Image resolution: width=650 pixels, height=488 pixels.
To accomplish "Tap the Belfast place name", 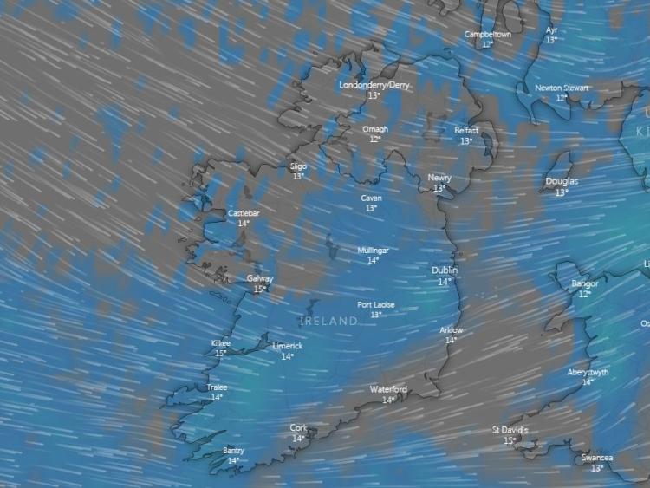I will coord(466,131).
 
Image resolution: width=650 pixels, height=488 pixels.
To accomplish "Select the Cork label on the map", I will coord(298,428).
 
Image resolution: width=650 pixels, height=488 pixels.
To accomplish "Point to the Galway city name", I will coord(259,279).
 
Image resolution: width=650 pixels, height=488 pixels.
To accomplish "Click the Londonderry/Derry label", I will coord(374,86).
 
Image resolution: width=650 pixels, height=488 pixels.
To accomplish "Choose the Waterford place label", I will coord(388,390).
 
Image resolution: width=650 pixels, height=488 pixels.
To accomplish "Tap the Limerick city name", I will coord(288,346).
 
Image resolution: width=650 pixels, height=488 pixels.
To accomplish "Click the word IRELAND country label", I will coord(328,322).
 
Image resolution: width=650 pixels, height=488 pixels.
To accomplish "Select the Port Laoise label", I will coord(375,305).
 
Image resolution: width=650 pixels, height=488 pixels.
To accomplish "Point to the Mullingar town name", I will coord(374,251).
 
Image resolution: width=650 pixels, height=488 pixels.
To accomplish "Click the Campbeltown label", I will coord(488,35).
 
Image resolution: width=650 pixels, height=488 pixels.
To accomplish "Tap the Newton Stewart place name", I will coord(562,88).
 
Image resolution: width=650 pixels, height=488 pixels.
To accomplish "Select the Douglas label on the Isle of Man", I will coord(562,182).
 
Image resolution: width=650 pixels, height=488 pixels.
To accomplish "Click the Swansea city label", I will coord(597,458).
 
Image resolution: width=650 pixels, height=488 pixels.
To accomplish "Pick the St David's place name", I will coord(510,430).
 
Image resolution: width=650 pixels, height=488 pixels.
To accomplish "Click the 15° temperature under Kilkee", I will coord(221,353).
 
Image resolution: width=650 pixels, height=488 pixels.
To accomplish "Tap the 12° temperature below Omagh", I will coord(375,139).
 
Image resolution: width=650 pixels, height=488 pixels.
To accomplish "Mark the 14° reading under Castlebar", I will coord(244,223).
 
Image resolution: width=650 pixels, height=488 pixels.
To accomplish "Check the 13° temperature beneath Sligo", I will coord(298,176).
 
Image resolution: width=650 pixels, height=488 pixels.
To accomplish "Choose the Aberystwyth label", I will coord(587,372).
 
